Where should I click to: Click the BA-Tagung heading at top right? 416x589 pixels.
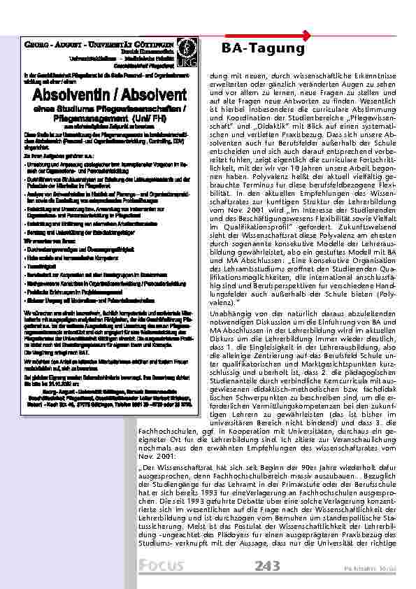(263, 48)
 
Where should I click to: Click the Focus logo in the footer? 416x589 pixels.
(161, 565)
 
